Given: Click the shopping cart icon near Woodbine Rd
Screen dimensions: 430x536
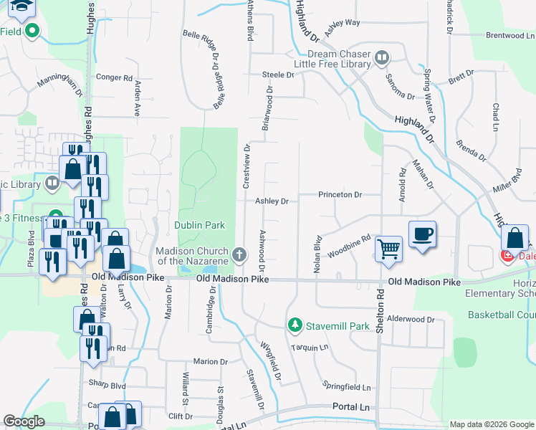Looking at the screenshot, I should [388, 249].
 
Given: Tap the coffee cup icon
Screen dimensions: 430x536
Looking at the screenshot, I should [422, 234].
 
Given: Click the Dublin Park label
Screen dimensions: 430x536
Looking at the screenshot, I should [200, 225].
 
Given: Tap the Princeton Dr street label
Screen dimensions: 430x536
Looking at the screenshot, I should [340, 194].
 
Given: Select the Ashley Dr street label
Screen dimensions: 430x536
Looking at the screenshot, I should [272, 201].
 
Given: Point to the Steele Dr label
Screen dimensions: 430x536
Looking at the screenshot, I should [278, 75].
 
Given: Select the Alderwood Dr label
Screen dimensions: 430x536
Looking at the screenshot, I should [411, 319].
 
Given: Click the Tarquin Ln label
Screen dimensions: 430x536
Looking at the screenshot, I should [309, 348].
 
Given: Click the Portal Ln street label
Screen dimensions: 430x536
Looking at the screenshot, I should [350, 406].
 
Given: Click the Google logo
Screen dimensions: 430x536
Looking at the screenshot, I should [24, 421].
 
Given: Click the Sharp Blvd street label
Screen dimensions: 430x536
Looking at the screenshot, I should [107, 385].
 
